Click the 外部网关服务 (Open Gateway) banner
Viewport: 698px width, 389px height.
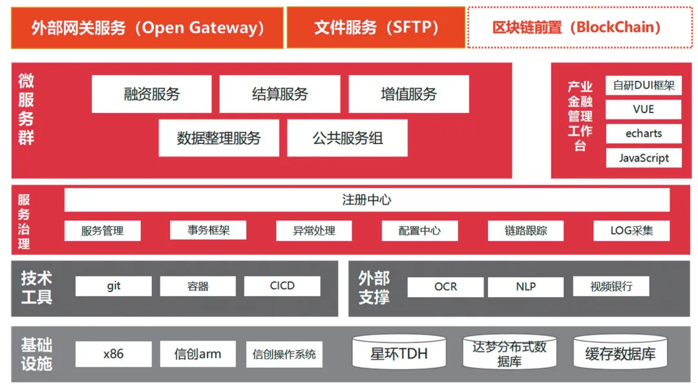[x=147, y=28]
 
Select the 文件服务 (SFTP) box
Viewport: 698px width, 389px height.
[x=375, y=28]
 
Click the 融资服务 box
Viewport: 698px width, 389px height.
[x=151, y=94]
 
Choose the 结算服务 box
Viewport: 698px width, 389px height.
[x=279, y=94]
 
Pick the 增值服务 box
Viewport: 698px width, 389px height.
[x=408, y=94]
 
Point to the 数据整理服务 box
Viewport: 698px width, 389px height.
[x=218, y=138]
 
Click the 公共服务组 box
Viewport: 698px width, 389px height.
[x=347, y=138]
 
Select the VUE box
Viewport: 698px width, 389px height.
[x=643, y=110]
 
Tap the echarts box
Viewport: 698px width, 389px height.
[x=643, y=134]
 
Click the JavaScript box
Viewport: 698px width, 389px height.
[x=643, y=158]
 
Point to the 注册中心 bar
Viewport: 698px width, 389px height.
[x=366, y=200]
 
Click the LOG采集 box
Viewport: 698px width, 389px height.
[x=631, y=231]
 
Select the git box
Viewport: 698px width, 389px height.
[x=113, y=286]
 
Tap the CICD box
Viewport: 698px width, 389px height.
[x=282, y=286]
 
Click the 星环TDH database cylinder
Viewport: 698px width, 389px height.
[x=398, y=353]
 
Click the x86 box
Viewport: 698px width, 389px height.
[x=113, y=354]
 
